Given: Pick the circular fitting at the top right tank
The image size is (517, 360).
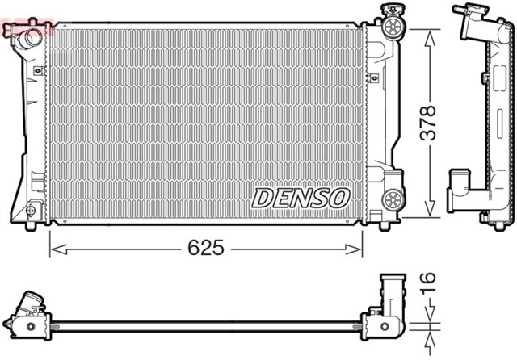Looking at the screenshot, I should point(393,31).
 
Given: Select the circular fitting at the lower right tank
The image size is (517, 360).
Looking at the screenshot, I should point(393,197).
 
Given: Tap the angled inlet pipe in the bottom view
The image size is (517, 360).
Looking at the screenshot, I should point(31,307).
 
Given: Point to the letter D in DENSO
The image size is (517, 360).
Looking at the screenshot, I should point(264,197).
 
